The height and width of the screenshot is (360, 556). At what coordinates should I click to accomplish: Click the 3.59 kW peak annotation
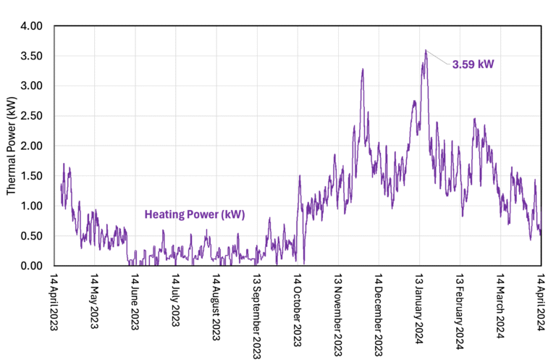pyautogui.click(x=473, y=64)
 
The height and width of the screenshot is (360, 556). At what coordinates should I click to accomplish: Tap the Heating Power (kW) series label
pyautogui.click(x=195, y=214)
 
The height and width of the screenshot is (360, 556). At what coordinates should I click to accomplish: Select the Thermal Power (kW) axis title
pyautogui.click(x=12, y=146)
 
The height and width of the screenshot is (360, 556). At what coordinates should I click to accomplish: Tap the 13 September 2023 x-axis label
pyautogui.click(x=257, y=311)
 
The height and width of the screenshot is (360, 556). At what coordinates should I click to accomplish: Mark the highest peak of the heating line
pyautogui.click(x=426, y=50)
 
